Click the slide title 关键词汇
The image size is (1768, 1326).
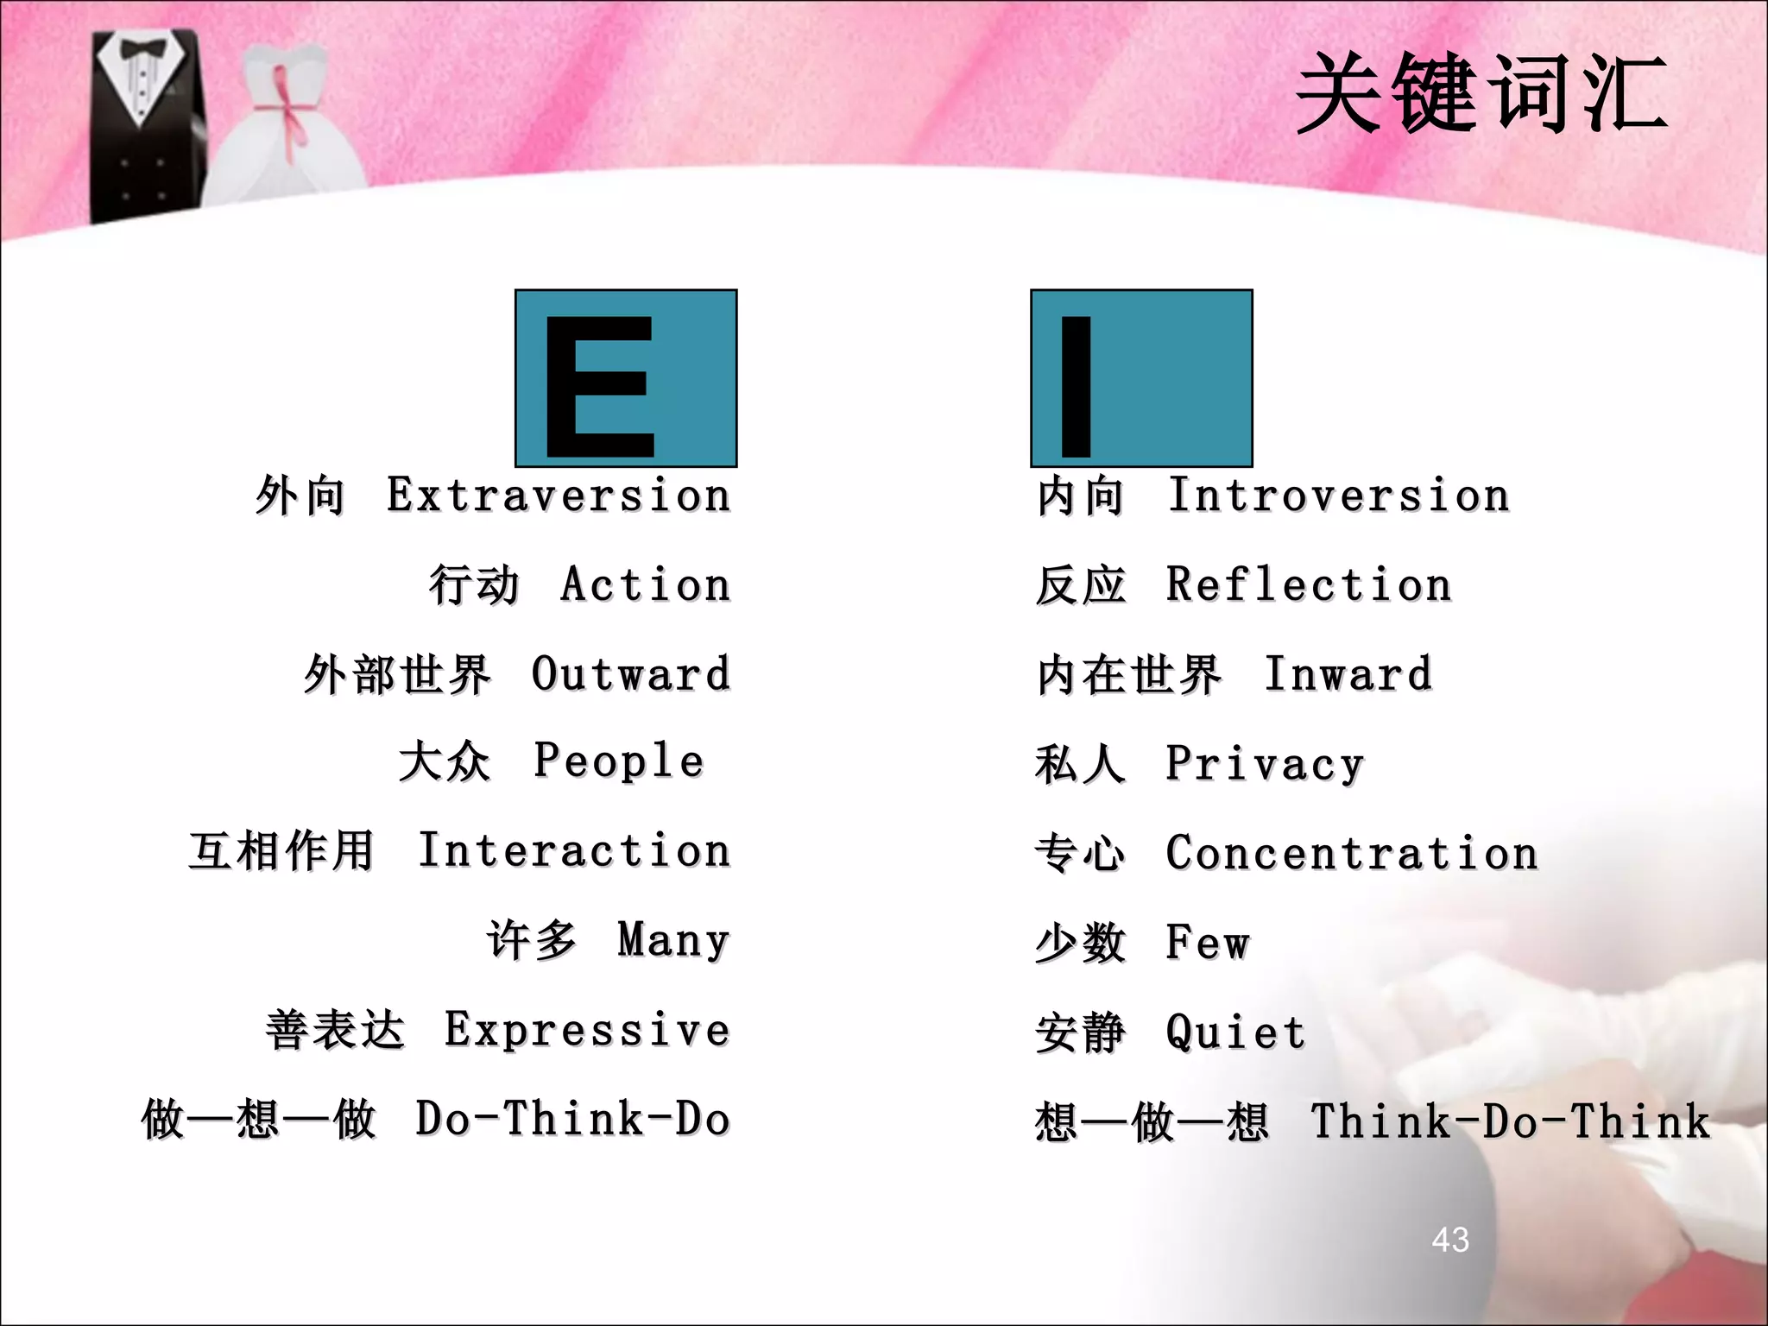click(1481, 93)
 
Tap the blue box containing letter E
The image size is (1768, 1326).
click(626, 378)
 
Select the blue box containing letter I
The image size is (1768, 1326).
click(1140, 378)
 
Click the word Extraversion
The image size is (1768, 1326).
click(559, 496)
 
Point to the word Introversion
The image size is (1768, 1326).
click(1338, 496)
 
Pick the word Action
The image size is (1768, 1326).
click(646, 584)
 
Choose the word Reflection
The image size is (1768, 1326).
click(1309, 584)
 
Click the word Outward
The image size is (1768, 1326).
click(631, 674)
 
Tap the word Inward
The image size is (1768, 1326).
click(1348, 674)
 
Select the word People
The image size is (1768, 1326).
click(619, 761)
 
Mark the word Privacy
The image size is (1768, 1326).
click(1265, 764)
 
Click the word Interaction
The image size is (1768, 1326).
click(574, 850)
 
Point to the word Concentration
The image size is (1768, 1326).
click(1352, 853)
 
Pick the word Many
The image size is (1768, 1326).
click(674, 940)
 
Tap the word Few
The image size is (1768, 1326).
click(1208, 942)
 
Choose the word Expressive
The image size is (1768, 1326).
click(588, 1030)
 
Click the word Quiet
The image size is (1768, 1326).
click(1235, 1032)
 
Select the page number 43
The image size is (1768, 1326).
click(1450, 1240)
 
